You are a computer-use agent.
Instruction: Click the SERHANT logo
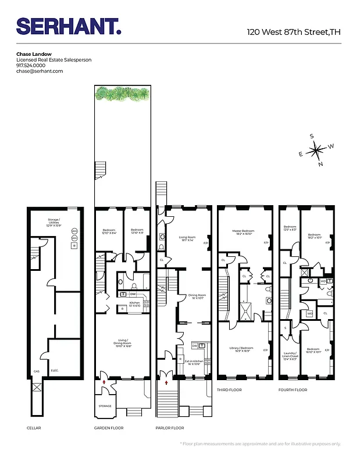[69, 26]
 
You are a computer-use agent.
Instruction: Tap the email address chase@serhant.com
[40, 71]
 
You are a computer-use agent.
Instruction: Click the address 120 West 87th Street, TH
[293, 32]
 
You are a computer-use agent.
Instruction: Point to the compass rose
[317, 151]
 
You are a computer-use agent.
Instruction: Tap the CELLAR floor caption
[34, 428]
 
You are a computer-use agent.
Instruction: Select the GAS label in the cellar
[36, 370]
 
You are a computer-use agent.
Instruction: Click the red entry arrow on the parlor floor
[167, 383]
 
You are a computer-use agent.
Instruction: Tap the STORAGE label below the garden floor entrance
[105, 406]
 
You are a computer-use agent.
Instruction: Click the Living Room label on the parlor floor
[186, 237]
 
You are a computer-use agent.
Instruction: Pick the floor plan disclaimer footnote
[261, 443]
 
